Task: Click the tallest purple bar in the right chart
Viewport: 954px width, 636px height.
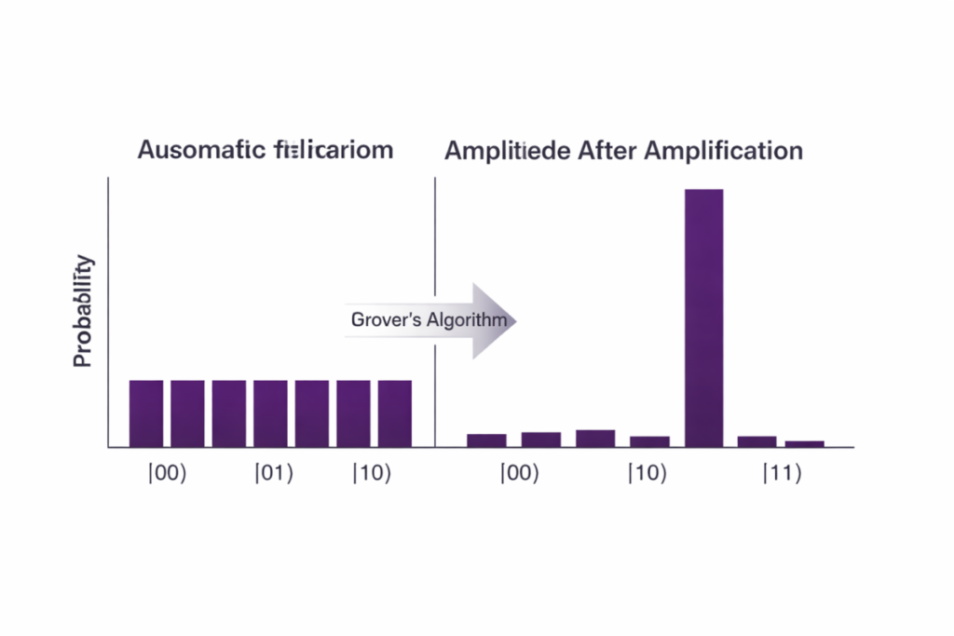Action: pos(703,317)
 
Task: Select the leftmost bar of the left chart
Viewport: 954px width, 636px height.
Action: pos(145,413)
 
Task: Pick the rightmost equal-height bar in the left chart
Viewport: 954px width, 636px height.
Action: pos(395,413)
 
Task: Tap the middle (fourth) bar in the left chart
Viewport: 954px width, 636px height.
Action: pos(270,413)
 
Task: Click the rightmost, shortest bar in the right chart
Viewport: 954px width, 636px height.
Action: pos(804,443)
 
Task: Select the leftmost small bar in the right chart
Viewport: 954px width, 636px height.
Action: pos(486,440)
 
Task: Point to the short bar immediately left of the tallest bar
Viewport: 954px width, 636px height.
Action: pos(649,441)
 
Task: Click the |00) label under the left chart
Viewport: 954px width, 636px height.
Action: pos(168,473)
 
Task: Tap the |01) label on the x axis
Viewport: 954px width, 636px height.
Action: pos(274,473)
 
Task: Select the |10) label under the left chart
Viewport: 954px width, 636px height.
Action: pos(372,473)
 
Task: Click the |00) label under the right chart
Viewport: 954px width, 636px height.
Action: pos(519,473)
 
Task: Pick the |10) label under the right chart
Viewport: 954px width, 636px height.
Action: pos(647,473)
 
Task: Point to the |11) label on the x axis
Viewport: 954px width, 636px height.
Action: pos(782,473)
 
